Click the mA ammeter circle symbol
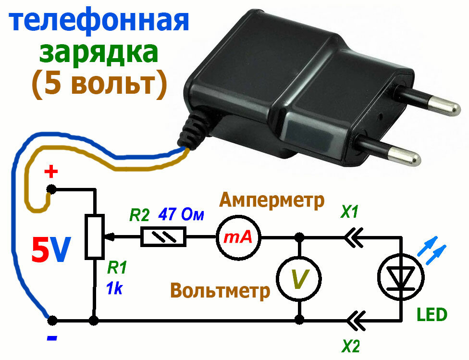238,236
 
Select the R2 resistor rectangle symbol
163,236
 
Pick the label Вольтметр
221,291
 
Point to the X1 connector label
349,212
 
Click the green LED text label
431,315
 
